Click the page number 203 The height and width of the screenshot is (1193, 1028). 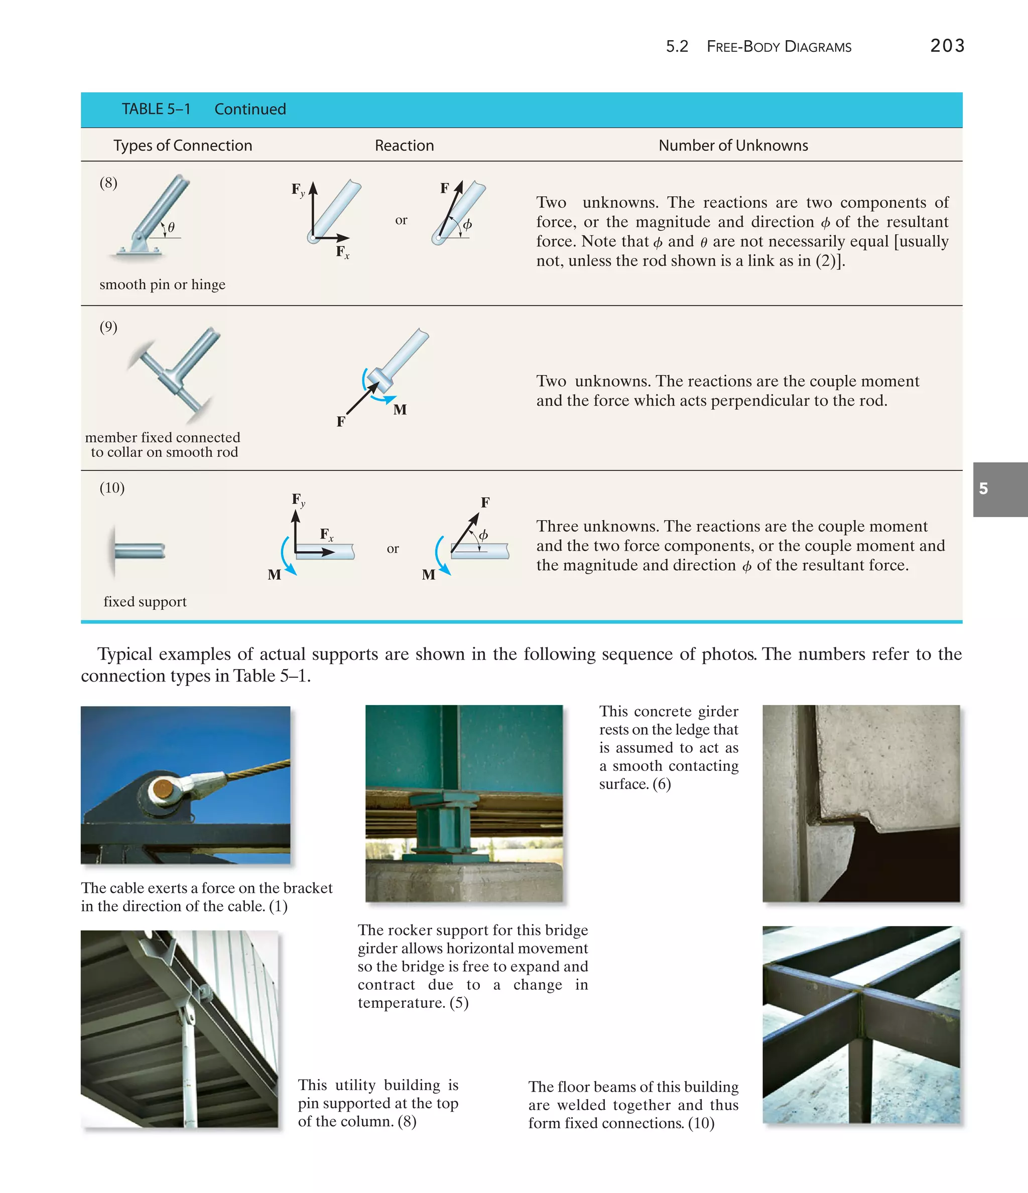[x=947, y=46]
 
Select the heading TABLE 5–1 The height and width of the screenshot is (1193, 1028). [x=156, y=109]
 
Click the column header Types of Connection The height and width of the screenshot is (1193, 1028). [x=183, y=145]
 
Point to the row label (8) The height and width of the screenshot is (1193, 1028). [x=108, y=183]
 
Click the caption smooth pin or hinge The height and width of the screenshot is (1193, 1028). [x=163, y=285]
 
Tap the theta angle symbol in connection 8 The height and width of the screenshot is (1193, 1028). [x=171, y=227]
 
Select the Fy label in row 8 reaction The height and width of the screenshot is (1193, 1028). [x=298, y=189]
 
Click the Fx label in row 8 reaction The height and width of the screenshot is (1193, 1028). [x=342, y=251]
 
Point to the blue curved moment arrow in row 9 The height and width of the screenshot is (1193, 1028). [x=380, y=396]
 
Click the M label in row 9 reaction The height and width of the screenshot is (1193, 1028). [x=400, y=410]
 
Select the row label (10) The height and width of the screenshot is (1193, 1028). [x=112, y=488]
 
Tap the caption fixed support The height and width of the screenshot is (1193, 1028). [x=145, y=602]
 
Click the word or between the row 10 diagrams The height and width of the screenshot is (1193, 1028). [x=393, y=549]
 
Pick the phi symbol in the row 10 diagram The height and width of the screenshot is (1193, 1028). [x=484, y=535]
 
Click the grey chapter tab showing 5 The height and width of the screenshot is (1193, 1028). [x=999, y=489]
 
